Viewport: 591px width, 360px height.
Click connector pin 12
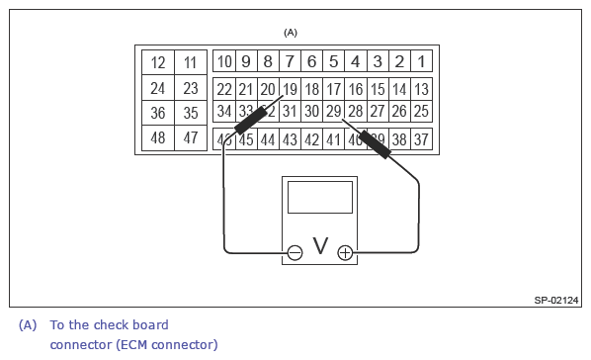click(158, 62)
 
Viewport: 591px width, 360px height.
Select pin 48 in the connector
click(158, 138)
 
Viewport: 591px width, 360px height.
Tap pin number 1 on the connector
click(421, 62)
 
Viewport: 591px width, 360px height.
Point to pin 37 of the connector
click(421, 139)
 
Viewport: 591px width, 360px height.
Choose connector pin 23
click(191, 88)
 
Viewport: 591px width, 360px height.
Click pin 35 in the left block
click(191, 113)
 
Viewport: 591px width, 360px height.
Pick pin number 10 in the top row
click(224, 62)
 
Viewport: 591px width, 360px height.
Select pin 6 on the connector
click(311, 62)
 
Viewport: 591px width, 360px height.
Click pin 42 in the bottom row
click(311, 139)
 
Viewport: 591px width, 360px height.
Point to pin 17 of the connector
click(333, 89)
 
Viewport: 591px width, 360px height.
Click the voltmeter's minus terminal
click(295, 253)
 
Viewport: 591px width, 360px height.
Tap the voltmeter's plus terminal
click(345, 253)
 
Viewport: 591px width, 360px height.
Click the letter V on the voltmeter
click(319, 246)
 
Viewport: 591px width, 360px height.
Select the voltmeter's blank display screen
click(319, 197)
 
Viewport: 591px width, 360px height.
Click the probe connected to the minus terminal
click(248, 123)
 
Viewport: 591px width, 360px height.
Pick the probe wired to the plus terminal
click(374, 144)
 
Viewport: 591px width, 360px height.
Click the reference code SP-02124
click(556, 300)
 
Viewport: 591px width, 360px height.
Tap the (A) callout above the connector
click(291, 33)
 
